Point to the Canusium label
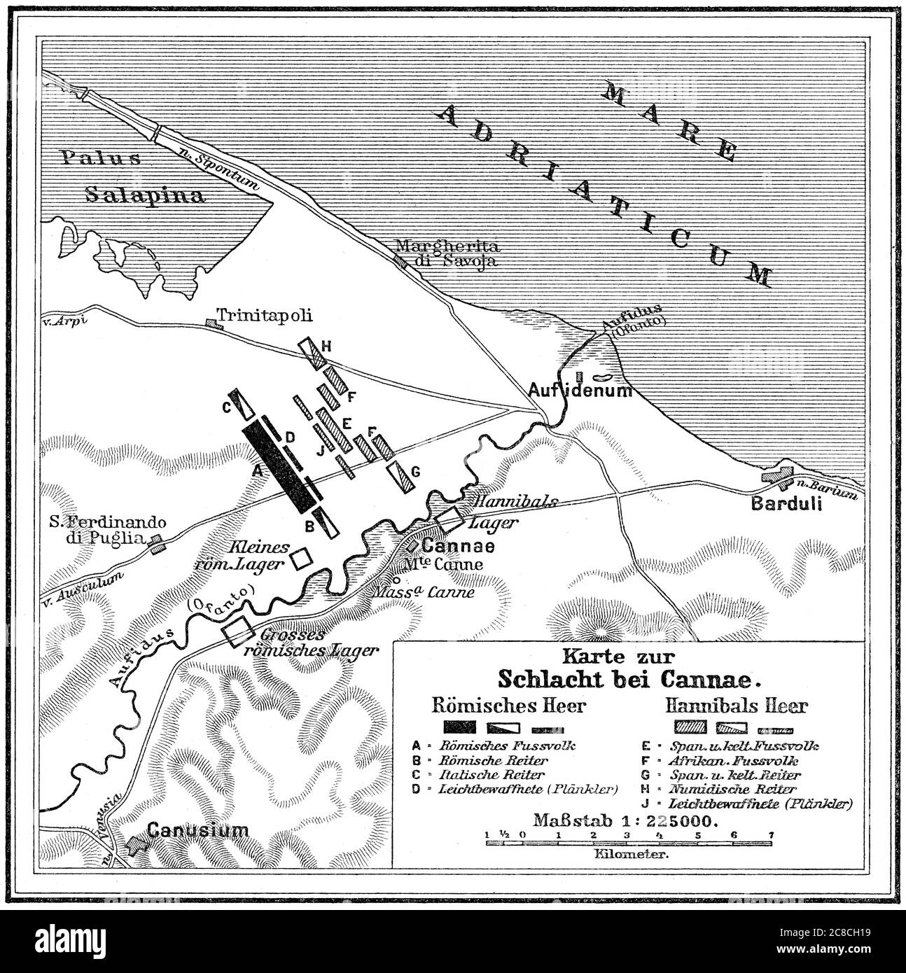(198, 831)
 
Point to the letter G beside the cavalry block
(414, 472)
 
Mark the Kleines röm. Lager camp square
(301, 559)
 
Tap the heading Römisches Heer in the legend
(509, 705)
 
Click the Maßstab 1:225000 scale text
(625, 820)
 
